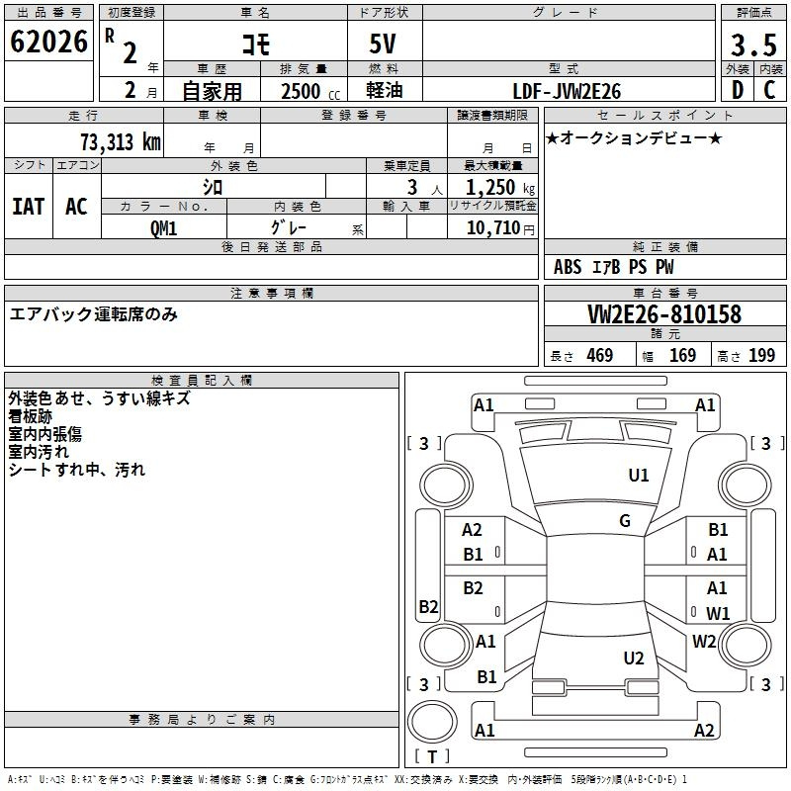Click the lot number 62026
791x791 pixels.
(48, 42)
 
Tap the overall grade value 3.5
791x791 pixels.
(753, 45)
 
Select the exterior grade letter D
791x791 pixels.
(738, 90)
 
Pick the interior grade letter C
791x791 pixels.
(769, 90)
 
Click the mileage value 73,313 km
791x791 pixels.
(121, 142)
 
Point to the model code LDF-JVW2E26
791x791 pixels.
(567, 91)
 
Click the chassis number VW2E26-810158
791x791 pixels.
(664, 314)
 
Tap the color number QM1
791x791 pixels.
(163, 228)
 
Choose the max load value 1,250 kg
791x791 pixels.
(500, 188)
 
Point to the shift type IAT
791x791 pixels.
(29, 207)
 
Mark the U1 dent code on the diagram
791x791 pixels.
(638, 475)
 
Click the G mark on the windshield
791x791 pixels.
(625, 520)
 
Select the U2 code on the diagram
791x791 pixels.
(634, 658)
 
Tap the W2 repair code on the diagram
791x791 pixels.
(704, 641)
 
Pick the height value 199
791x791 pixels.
(761, 355)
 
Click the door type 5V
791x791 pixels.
(383, 44)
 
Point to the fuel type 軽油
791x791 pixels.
(385, 90)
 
